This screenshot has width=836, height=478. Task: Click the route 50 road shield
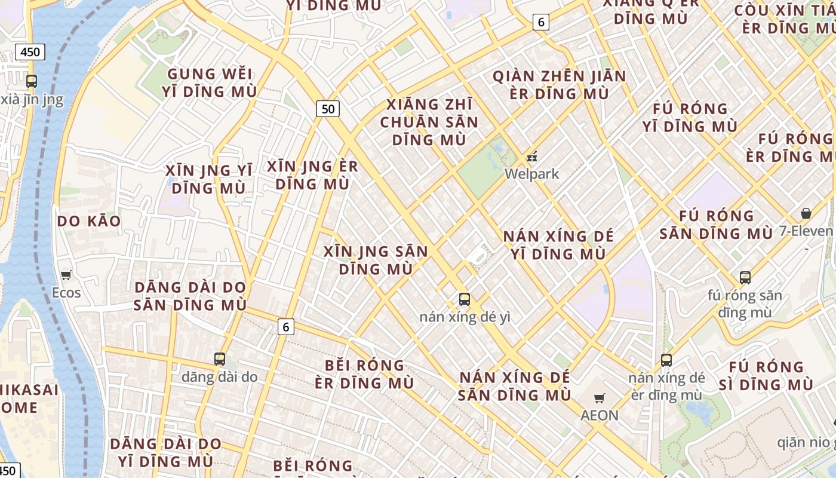328,109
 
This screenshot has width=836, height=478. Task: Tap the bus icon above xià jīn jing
32,81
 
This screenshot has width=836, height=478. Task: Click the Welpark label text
531,174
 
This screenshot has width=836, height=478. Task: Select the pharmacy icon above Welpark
532,157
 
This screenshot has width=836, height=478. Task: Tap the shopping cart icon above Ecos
66,275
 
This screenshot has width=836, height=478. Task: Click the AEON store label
600,415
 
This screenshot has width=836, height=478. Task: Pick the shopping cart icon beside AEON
600,398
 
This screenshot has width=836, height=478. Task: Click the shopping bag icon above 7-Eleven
806,213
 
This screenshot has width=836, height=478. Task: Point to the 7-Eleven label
806,231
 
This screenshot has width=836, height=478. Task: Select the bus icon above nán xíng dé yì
465,299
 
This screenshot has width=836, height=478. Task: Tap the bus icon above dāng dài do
220,359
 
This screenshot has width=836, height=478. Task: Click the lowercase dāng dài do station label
220,377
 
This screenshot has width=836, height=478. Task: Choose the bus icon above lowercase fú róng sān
745,278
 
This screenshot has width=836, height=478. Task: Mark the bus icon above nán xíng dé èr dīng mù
666,360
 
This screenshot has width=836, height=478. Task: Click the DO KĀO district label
89,221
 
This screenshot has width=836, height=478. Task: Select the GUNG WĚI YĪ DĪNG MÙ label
209,83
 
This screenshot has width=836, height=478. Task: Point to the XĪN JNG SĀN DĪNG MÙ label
376,260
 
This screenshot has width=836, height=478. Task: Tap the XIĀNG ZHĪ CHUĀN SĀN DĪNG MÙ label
429,122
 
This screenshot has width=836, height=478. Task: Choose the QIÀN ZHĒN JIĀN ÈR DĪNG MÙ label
559,85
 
